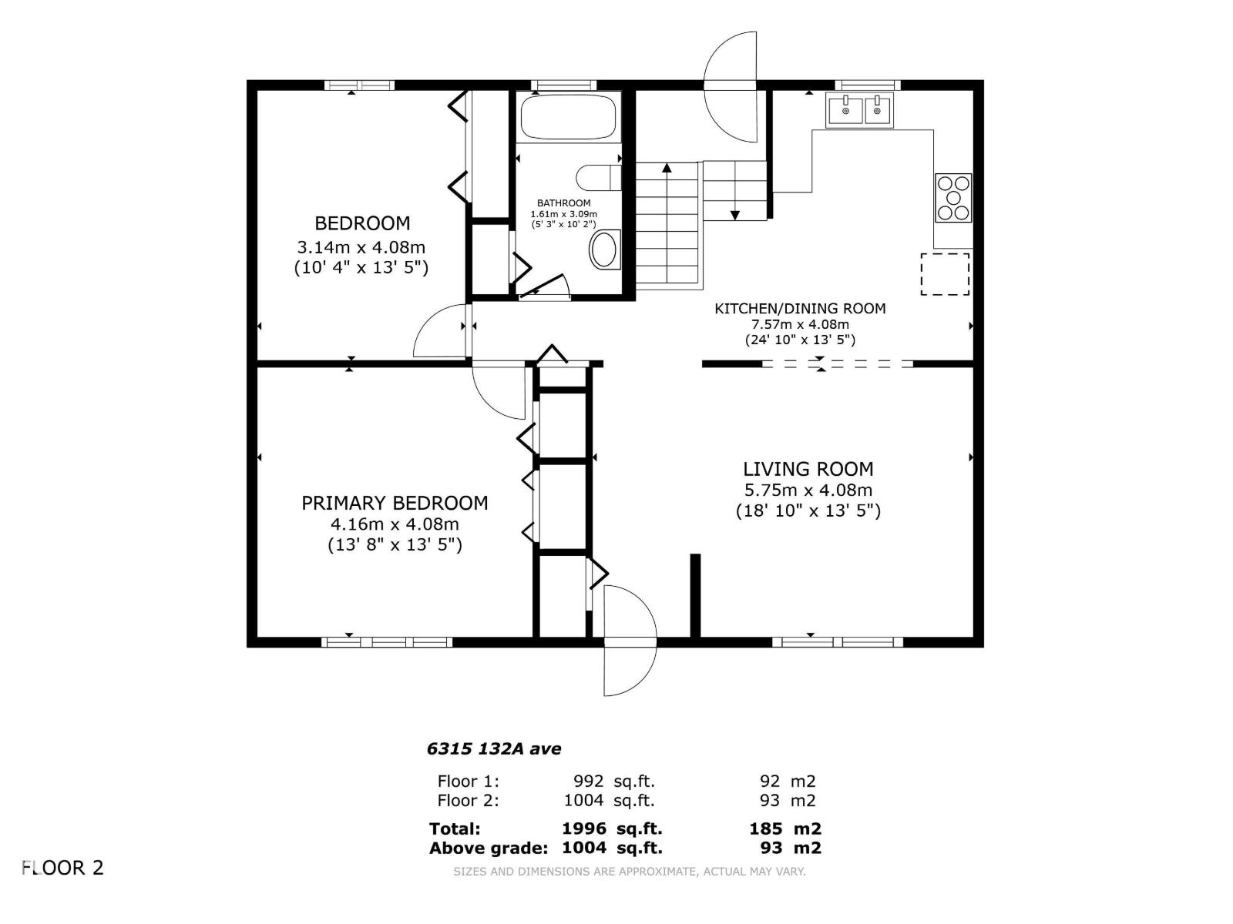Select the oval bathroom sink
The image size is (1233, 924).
click(605, 250)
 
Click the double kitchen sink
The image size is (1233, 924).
click(860, 109)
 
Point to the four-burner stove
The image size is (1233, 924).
click(953, 198)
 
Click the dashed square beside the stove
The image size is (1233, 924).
click(945, 273)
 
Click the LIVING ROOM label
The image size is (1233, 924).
click(808, 469)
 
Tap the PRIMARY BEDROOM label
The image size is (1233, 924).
click(395, 503)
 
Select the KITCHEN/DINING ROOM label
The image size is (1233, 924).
click(800, 309)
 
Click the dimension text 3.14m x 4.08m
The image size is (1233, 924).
click(361, 248)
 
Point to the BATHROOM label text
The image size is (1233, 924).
click(564, 203)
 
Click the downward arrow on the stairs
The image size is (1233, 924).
click(735, 214)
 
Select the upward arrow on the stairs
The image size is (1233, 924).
click(667, 168)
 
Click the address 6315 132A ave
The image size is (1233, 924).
click(494, 748)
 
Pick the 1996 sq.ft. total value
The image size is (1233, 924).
click(612, 829)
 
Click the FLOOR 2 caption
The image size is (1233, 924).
click(63, 868)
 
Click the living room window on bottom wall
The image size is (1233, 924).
click(838, 641)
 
